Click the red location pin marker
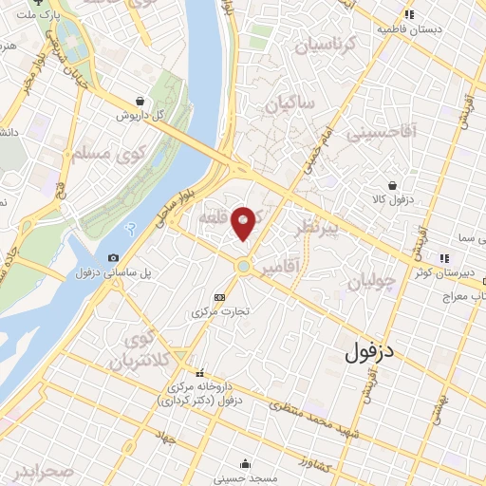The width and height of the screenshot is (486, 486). [x=244, y=221]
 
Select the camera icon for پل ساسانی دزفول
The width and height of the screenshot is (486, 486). [x=114, y=257]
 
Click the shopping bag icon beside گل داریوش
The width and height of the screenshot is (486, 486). [x=140, y=100]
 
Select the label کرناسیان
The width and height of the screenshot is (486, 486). [x=323, y=44]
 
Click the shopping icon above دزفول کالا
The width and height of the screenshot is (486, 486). [x=392, y=186]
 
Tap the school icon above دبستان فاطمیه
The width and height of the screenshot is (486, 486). [x=409, y=14]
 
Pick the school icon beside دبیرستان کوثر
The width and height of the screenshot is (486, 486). [x=442, y=257]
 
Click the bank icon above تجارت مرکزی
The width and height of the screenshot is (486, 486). [x=220, y=297]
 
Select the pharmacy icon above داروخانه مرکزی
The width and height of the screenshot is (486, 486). [x=198, y=373]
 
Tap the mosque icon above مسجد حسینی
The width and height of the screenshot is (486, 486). [x=246, y=464]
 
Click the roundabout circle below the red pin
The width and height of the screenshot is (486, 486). [x=244, y=268]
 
